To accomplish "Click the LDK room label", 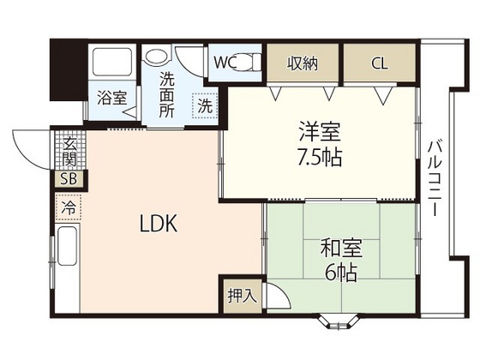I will click(x=159, y=225).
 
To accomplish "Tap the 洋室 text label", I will click(x=319, y=134).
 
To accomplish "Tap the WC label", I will click(x=226, y=62).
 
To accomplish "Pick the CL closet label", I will click(x=378, y=62).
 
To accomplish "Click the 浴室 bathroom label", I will click(x=111, y=98).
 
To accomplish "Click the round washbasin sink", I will click(x=157, y=57).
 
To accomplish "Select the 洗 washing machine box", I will click(x=206, y=106).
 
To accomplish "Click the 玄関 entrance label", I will click(x=69, y=153).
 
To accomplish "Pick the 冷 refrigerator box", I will click(x=69, y=207).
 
